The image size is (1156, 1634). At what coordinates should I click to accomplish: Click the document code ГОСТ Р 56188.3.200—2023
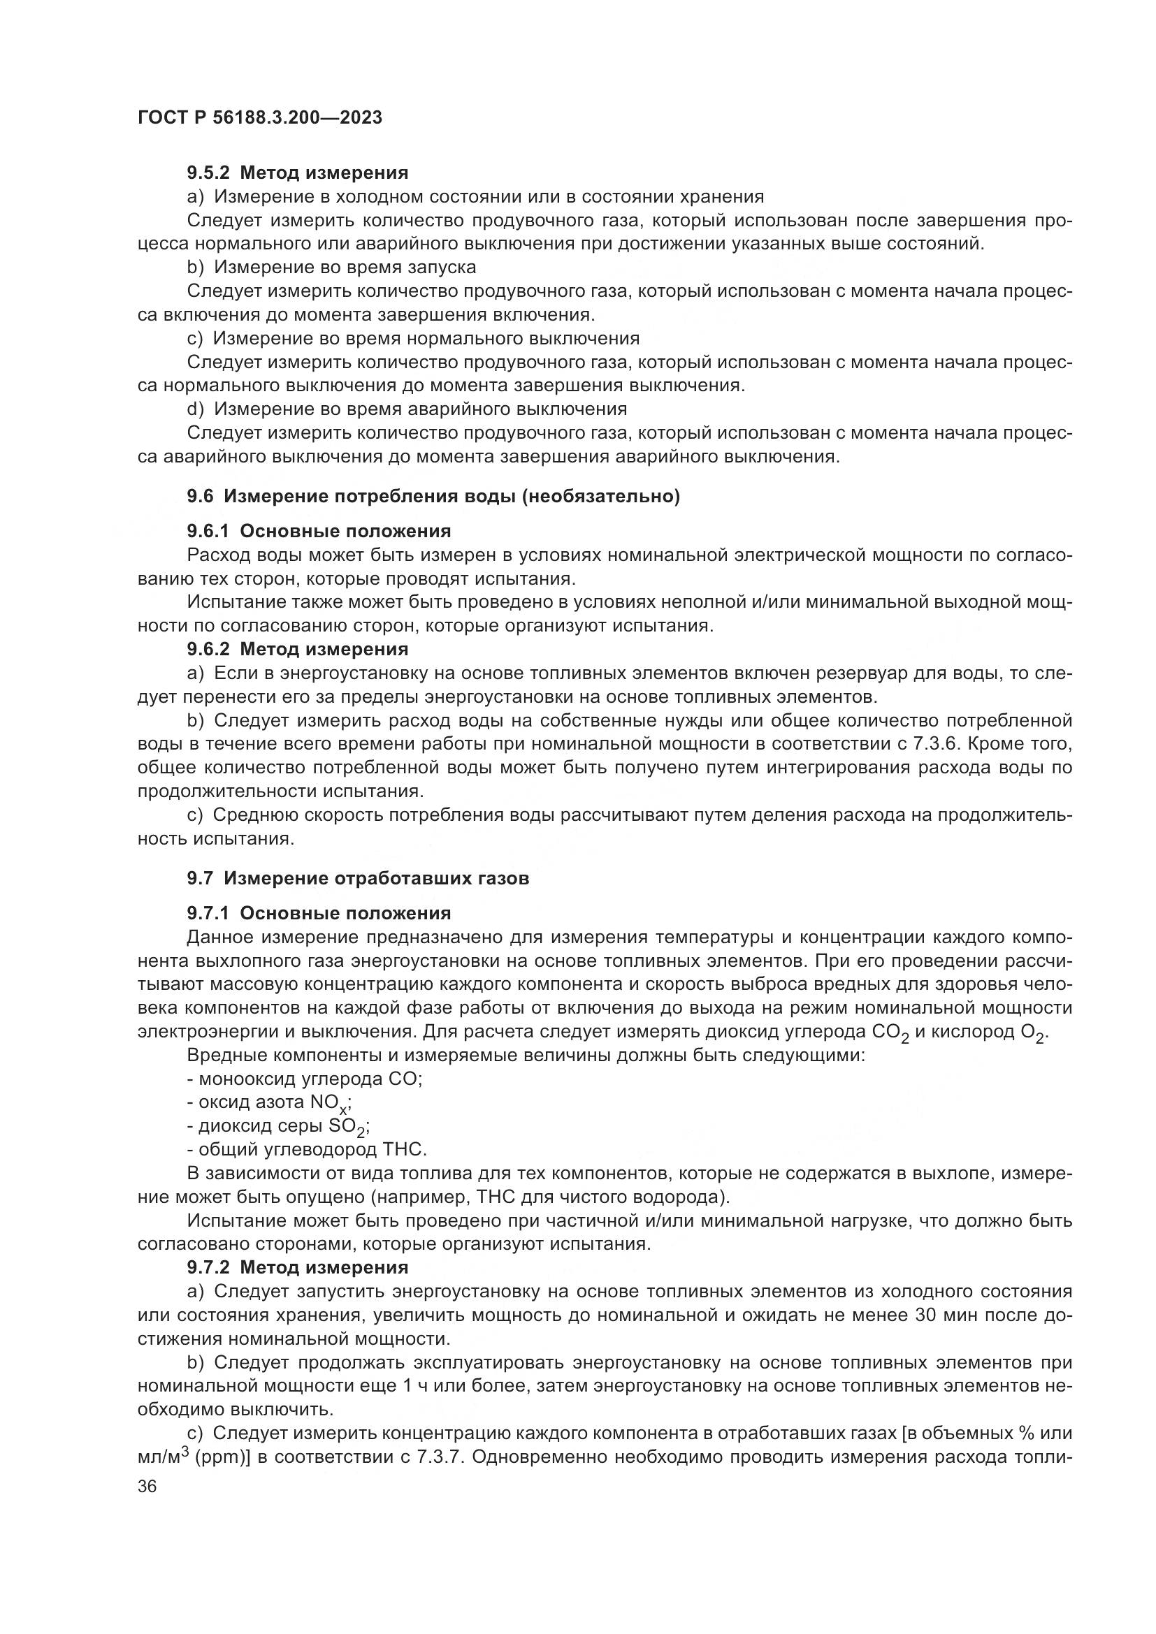(260, 118)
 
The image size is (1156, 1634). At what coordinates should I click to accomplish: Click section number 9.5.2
(208, 173)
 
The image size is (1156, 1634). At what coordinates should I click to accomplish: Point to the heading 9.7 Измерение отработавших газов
(358, 879)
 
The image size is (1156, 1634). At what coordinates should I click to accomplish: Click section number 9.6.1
(208, 532)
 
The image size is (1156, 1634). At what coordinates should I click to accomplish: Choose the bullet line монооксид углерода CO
(305, 1079)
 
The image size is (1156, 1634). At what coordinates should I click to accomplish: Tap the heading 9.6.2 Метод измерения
(298, 649)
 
